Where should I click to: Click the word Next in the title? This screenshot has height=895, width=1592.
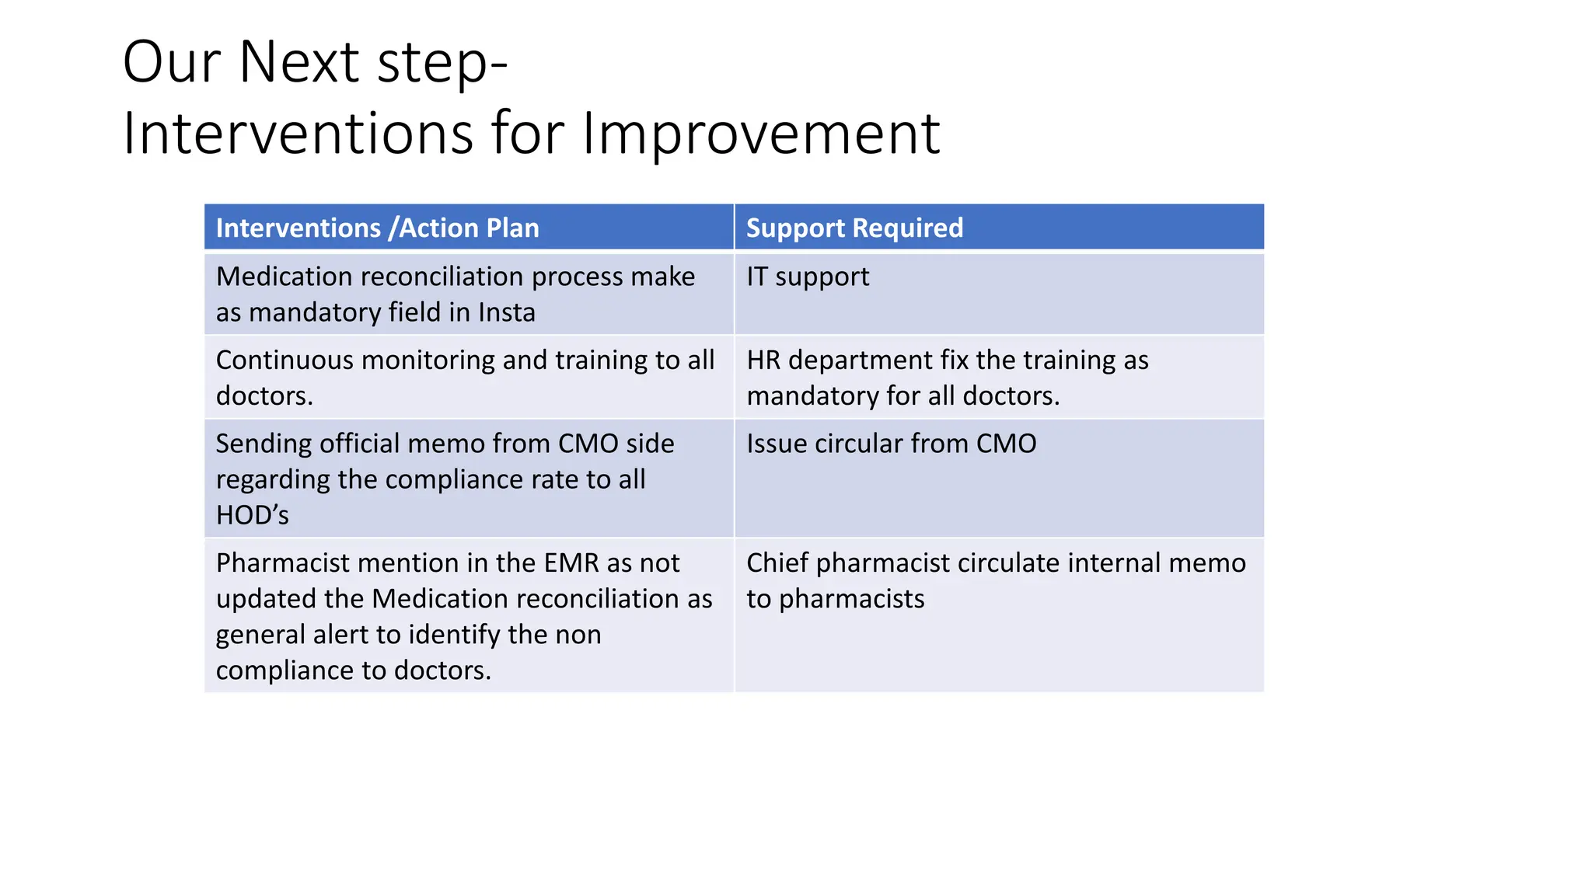(299, 62)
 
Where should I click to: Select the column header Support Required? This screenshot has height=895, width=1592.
(854, 228)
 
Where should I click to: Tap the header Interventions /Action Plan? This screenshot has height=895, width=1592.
(377, 228)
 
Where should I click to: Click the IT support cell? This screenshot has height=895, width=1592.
(808, 277)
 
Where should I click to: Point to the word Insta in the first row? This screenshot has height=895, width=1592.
(507, 312)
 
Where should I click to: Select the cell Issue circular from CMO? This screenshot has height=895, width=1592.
(891, 444)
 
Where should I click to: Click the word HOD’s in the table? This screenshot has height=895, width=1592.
(252, 515)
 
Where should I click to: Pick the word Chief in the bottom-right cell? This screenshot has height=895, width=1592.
(777, 563)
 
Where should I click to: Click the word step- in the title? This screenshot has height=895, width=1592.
(442, 62)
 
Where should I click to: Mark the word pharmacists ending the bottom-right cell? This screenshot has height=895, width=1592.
(851, 599)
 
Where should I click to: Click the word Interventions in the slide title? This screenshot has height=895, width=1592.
(298, 134)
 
